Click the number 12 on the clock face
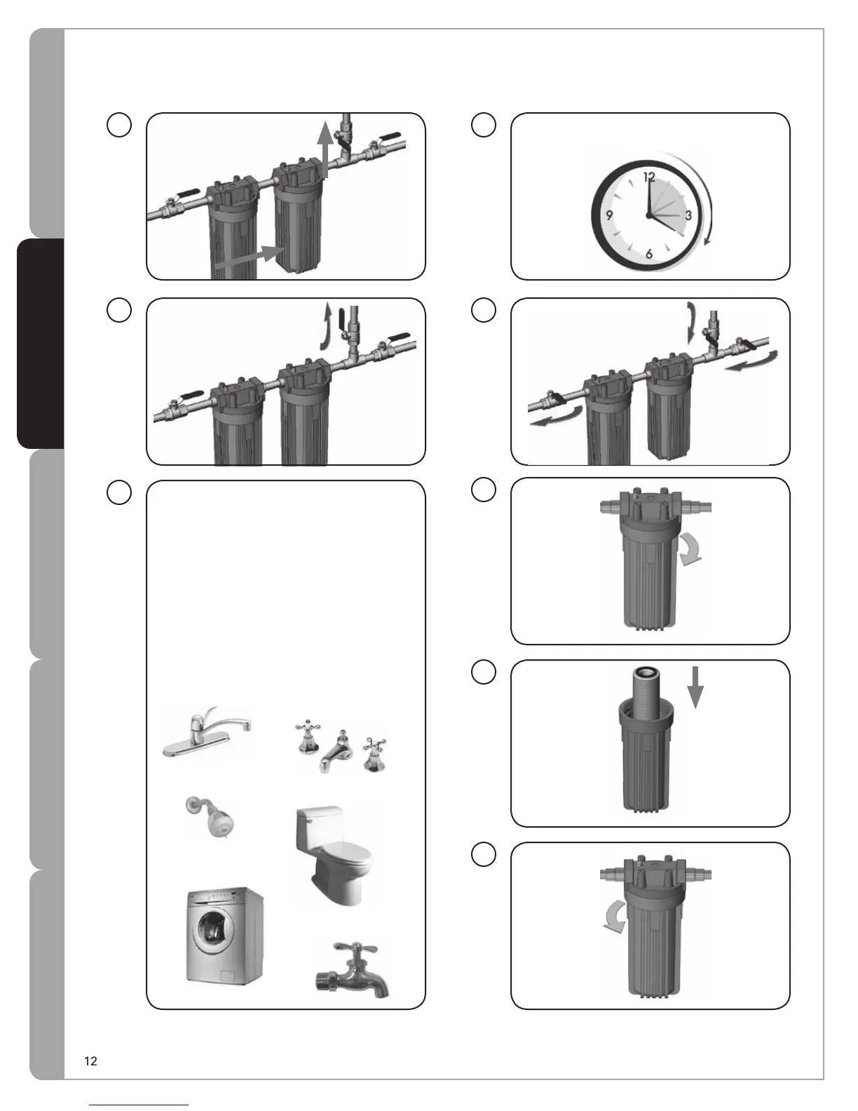coord(648,177)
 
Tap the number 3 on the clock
coord(688,216)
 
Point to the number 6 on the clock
coord(649,254)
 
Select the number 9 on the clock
coord(609,215)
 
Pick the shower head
coord(212,818)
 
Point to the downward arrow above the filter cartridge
coord(695,687)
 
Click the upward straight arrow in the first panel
coord(324,149)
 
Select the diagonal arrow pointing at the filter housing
coord(250,257)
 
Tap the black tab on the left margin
coord(41,343)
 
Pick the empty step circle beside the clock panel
coord(484,125)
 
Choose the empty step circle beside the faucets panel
coord(119,492)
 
